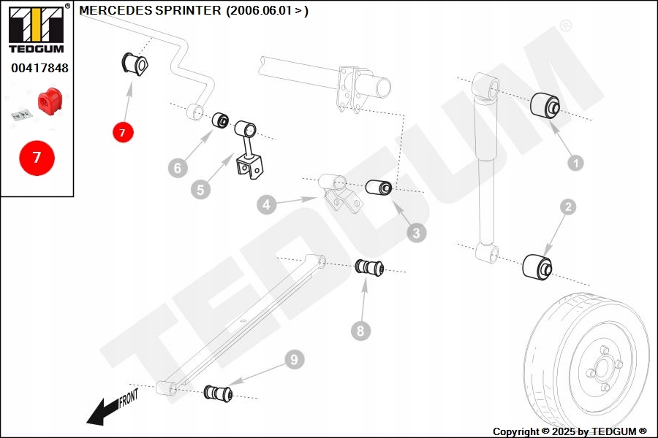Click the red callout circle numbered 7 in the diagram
coord(123,132)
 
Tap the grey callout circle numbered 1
coord(575,164)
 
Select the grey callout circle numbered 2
coord(568,207)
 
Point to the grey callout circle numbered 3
coord(416,234)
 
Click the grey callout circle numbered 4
coord(266,205)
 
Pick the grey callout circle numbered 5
coord(200,190)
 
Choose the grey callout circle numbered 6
coord(176,169)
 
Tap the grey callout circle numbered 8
coord(360,331)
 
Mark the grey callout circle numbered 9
coord(293,359)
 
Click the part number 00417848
coord(39,69)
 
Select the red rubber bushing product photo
coord(50,101)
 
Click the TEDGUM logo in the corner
coord(36,29)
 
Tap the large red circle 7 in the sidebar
coord(37,157)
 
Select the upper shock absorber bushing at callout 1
coord(545,106)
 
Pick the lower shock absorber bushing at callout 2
coord(537,266)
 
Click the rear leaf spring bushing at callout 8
coord(370,268)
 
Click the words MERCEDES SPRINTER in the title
coord(149,11)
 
